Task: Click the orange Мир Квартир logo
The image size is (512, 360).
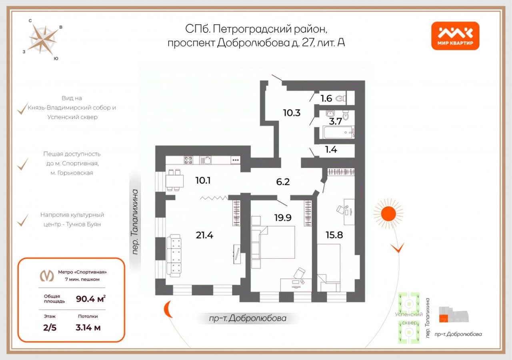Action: [x=455, y=36]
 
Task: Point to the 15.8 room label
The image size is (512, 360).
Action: [x=334, y=235]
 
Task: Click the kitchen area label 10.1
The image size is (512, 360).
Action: [x=203, y=180]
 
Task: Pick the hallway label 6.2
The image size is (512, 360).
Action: [x=282, y=182]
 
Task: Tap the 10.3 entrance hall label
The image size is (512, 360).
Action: [x=292, y=113]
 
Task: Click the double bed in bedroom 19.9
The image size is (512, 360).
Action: [x=274, y=242]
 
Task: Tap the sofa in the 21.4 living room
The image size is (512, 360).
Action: [x=174, y=256]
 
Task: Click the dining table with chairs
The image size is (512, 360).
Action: [x=174, y=181]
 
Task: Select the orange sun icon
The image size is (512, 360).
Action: [x=387, y=214]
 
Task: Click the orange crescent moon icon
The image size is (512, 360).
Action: [x=168, y=309]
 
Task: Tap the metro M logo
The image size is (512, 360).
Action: [x=47, y=276]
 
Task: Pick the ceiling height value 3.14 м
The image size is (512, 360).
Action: [x=88, y=328]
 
